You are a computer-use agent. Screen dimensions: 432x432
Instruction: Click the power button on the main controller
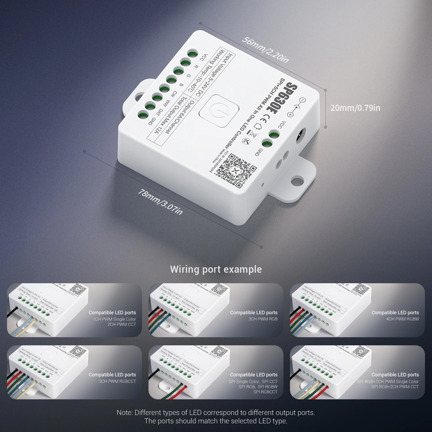point(219,113)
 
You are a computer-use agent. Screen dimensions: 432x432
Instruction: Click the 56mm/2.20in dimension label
point(265,49)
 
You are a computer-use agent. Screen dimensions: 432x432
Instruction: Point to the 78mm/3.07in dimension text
point(160,202)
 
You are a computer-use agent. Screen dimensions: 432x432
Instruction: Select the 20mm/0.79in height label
point(355,108)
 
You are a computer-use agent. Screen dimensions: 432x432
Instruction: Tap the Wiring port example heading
point(216,269)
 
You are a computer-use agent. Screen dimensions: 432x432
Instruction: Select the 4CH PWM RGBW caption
point(402,319)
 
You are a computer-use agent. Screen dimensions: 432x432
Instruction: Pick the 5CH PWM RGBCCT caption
point(117,381)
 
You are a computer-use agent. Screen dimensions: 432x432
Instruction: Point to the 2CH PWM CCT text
point(122,324)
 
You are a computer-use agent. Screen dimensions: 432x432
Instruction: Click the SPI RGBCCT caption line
point(265,392)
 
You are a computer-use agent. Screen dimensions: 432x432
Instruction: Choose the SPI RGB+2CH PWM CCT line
point(395,387)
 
